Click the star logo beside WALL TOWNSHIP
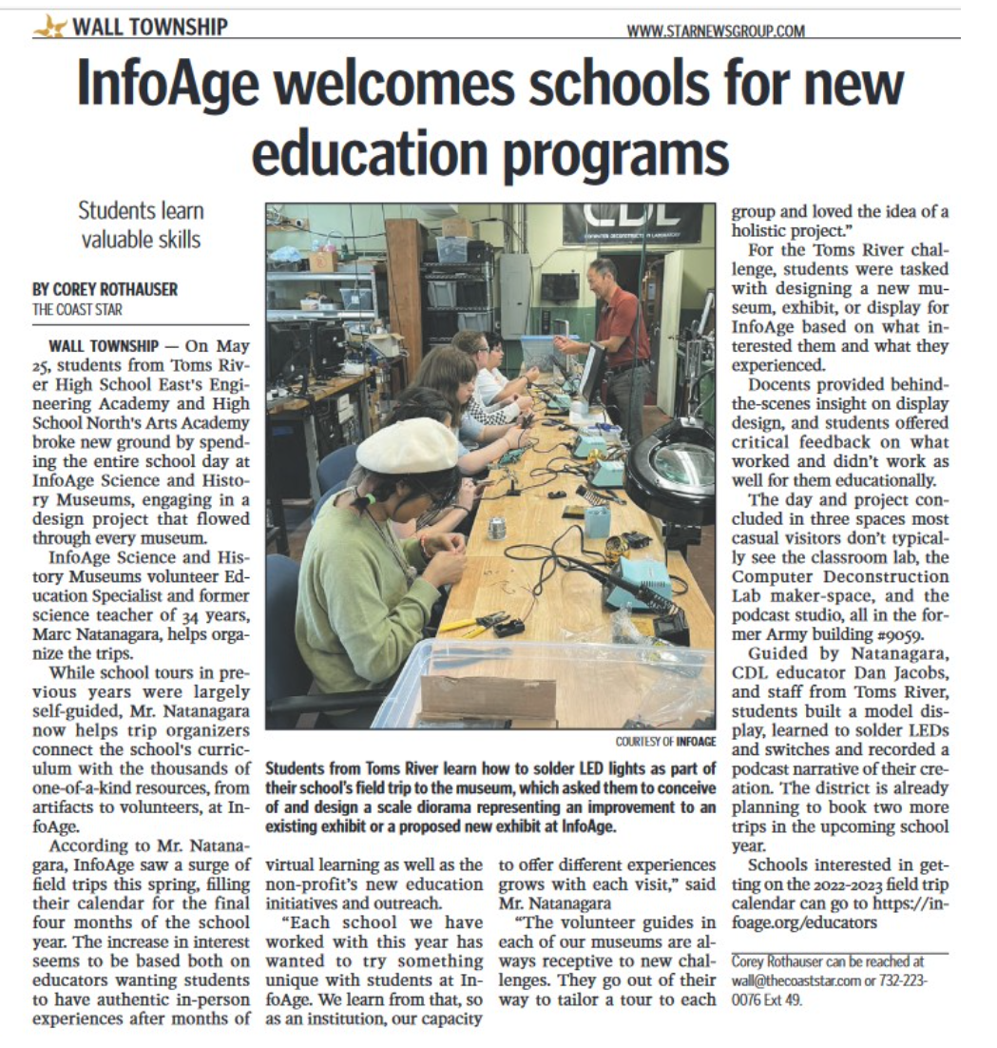(48, 27)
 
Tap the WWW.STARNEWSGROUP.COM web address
(717, 31)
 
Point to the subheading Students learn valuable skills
(140, 224)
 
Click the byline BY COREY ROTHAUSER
(105, 289)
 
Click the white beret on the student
(407, 445)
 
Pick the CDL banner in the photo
(631, 223)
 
